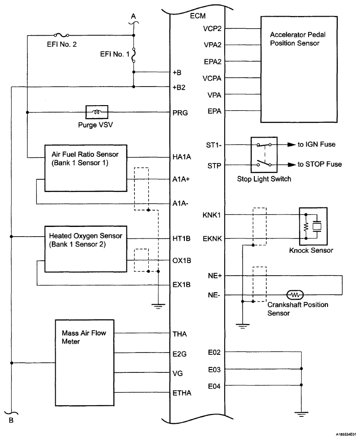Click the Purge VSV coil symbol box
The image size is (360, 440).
point(97,112)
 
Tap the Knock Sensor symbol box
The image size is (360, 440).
point(313,226)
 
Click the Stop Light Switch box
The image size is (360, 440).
point(264,154)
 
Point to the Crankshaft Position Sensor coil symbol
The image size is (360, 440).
point(295,295)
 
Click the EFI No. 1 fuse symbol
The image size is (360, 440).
point(134,55)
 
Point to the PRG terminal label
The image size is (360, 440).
point(179,112)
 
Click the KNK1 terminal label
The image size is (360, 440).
point(212,215)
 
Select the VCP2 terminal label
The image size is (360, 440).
point(212,28)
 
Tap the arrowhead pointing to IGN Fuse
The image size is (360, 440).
point(291,145)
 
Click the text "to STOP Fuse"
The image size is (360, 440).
point(320,164)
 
